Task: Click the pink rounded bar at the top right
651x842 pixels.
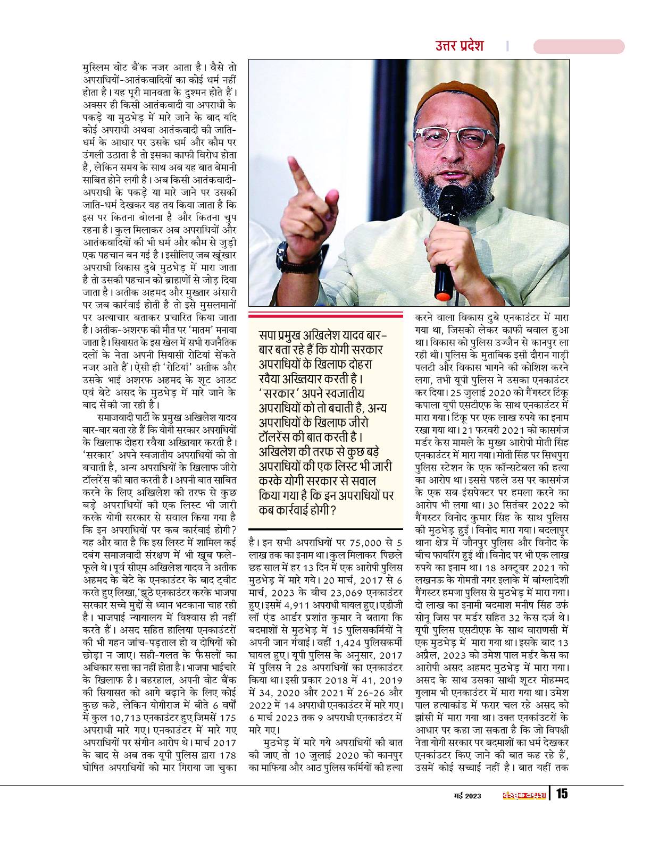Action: pos(578,46)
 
